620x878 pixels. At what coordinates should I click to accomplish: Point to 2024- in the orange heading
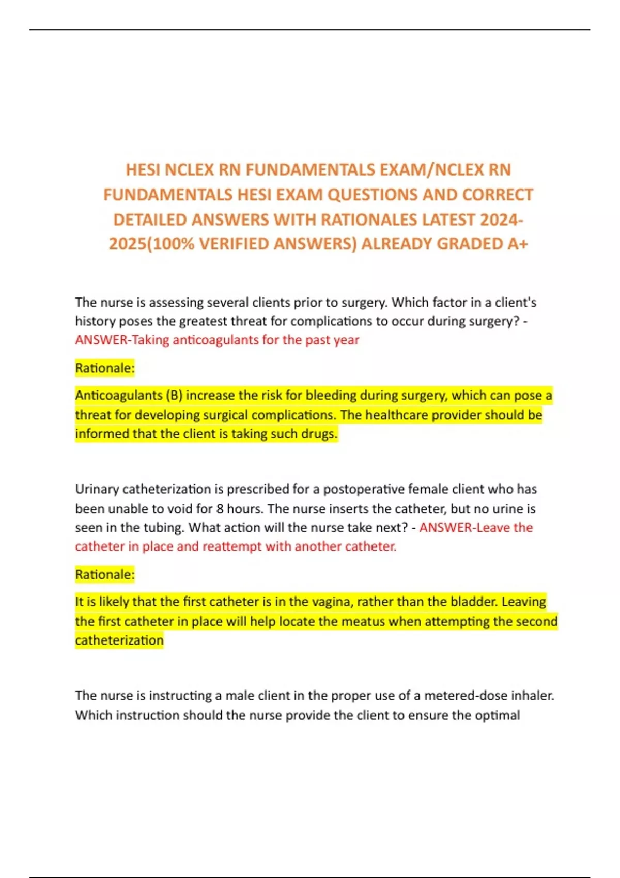click(501, 219)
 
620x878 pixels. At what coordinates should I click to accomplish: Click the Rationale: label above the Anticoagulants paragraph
click(105, 368)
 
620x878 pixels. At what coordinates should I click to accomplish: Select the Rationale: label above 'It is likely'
click(105, 574)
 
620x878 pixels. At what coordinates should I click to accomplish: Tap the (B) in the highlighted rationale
click(174, 396)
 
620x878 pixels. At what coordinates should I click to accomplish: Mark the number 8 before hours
click(220, 509)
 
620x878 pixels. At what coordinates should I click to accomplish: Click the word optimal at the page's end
click(498, 715)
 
